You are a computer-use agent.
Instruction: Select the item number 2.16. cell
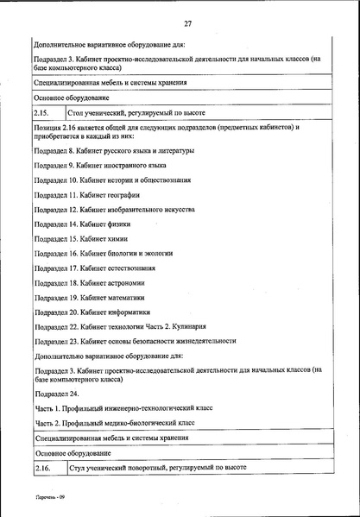[44, 467]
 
